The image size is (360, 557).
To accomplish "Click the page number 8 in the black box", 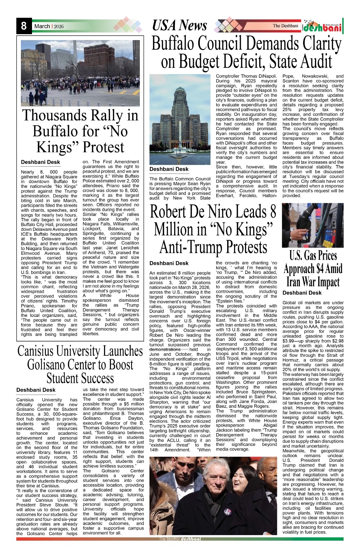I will (x=24, y=26).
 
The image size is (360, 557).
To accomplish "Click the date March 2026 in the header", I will (x=49, y=26).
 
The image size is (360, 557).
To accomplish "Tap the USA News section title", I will (x=179, y=26).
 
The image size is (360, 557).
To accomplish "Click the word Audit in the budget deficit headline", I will (x=311, y=62).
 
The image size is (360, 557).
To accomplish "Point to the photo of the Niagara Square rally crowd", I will (x=80, y=73).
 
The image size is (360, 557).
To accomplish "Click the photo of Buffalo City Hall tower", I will (x=180, y=119).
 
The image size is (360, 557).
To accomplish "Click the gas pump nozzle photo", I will (x=312, y=225).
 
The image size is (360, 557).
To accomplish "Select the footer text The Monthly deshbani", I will (x=180, y=539).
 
